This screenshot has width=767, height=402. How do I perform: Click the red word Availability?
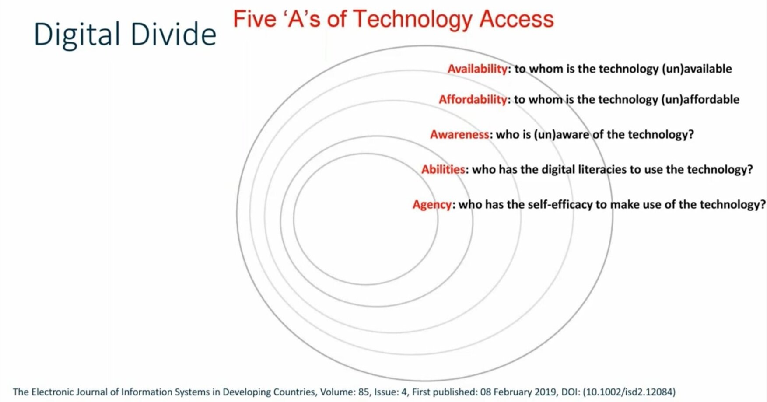coord(477,69)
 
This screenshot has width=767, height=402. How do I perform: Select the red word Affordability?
coord(473,100)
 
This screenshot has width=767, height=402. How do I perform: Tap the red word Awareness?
coord(459,134)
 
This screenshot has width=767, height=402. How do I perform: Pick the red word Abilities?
coord(443,169)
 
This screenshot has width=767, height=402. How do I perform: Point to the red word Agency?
coord(432,205)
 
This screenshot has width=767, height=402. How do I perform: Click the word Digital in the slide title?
coord(77,35)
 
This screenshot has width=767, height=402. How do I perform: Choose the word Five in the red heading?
coord(254,19)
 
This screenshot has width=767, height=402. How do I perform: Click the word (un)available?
coord(697,69)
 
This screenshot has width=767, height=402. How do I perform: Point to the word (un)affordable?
coord(700,100)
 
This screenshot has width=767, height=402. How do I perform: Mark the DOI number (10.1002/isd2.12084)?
coord(629,392)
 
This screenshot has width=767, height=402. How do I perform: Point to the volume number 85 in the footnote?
coord(363,392)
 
